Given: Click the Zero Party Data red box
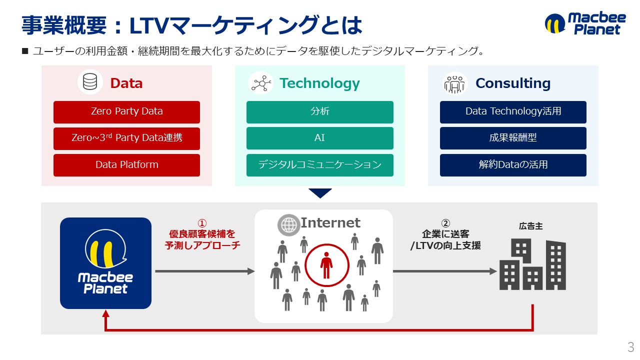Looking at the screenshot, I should [126, 111].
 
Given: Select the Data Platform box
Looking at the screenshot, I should [126, 164].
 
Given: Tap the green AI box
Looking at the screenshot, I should [319, 138].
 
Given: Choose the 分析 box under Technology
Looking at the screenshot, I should [319, 111].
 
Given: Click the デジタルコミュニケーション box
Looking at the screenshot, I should [319, 164].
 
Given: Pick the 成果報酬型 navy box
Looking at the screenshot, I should [513, 138].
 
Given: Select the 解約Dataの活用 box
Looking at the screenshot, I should [513, 164].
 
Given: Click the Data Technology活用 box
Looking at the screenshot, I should [513, 111].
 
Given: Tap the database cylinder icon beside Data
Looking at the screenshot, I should [90, 82].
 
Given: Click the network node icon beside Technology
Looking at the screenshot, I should [260, 83].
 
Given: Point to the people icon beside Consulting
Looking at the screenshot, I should [454, 83].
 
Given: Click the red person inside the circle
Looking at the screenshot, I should [326, 265].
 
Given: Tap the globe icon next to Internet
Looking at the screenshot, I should [289, 225].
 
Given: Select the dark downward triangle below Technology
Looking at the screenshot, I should [320, 192].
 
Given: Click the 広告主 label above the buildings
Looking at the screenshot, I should [531, 226].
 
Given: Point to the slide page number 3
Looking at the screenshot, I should [630, 346].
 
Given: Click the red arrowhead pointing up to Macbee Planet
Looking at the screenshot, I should [105, 313].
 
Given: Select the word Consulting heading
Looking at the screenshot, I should [513, 83].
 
